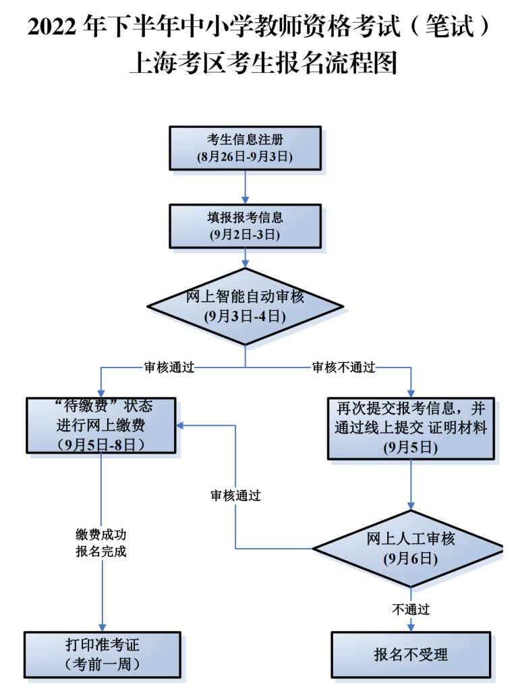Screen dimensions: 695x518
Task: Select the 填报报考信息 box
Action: (244, 226)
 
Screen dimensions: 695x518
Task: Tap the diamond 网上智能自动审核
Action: (244, 307)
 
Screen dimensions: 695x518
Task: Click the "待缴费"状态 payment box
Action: (100, 425)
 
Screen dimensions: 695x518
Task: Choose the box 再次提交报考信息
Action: (411, 427)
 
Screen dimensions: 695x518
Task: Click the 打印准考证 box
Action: (102, 653)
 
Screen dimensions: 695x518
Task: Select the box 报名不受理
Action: (411, 654)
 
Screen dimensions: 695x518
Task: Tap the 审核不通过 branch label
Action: (343, 368)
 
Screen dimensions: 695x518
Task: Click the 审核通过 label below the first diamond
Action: (169, 368)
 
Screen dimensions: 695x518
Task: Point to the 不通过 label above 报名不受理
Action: (411, 609)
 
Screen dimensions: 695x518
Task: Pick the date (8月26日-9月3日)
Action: (244, 157)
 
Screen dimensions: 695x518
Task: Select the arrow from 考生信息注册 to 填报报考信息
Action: (244, 187)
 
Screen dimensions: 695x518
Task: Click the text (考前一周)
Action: (102, 663)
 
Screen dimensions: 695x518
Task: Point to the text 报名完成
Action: (100, 551)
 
